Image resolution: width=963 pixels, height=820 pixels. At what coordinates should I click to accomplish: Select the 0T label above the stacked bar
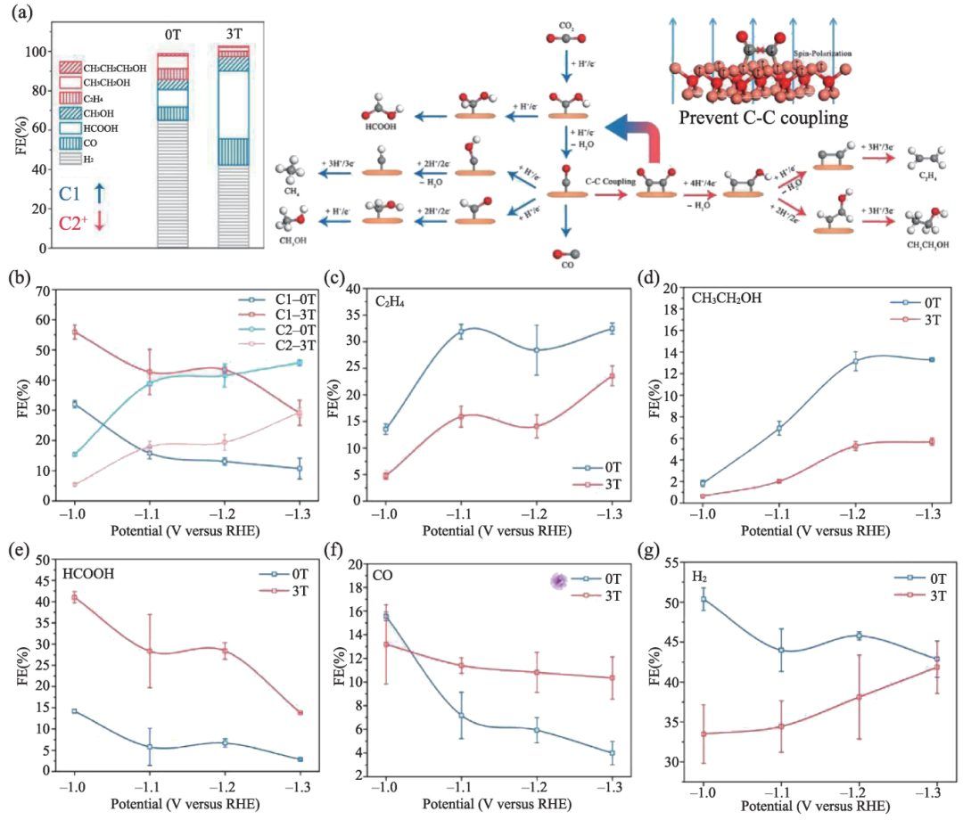pos(171,33)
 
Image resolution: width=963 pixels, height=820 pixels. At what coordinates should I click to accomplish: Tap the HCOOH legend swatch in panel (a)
pos(70,127)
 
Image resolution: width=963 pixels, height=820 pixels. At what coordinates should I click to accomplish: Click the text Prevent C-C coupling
pos(761,116)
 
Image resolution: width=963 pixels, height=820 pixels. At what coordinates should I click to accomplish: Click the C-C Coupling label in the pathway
pos(609,181)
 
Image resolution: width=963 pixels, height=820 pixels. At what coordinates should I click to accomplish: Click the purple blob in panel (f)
pos(559,581)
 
